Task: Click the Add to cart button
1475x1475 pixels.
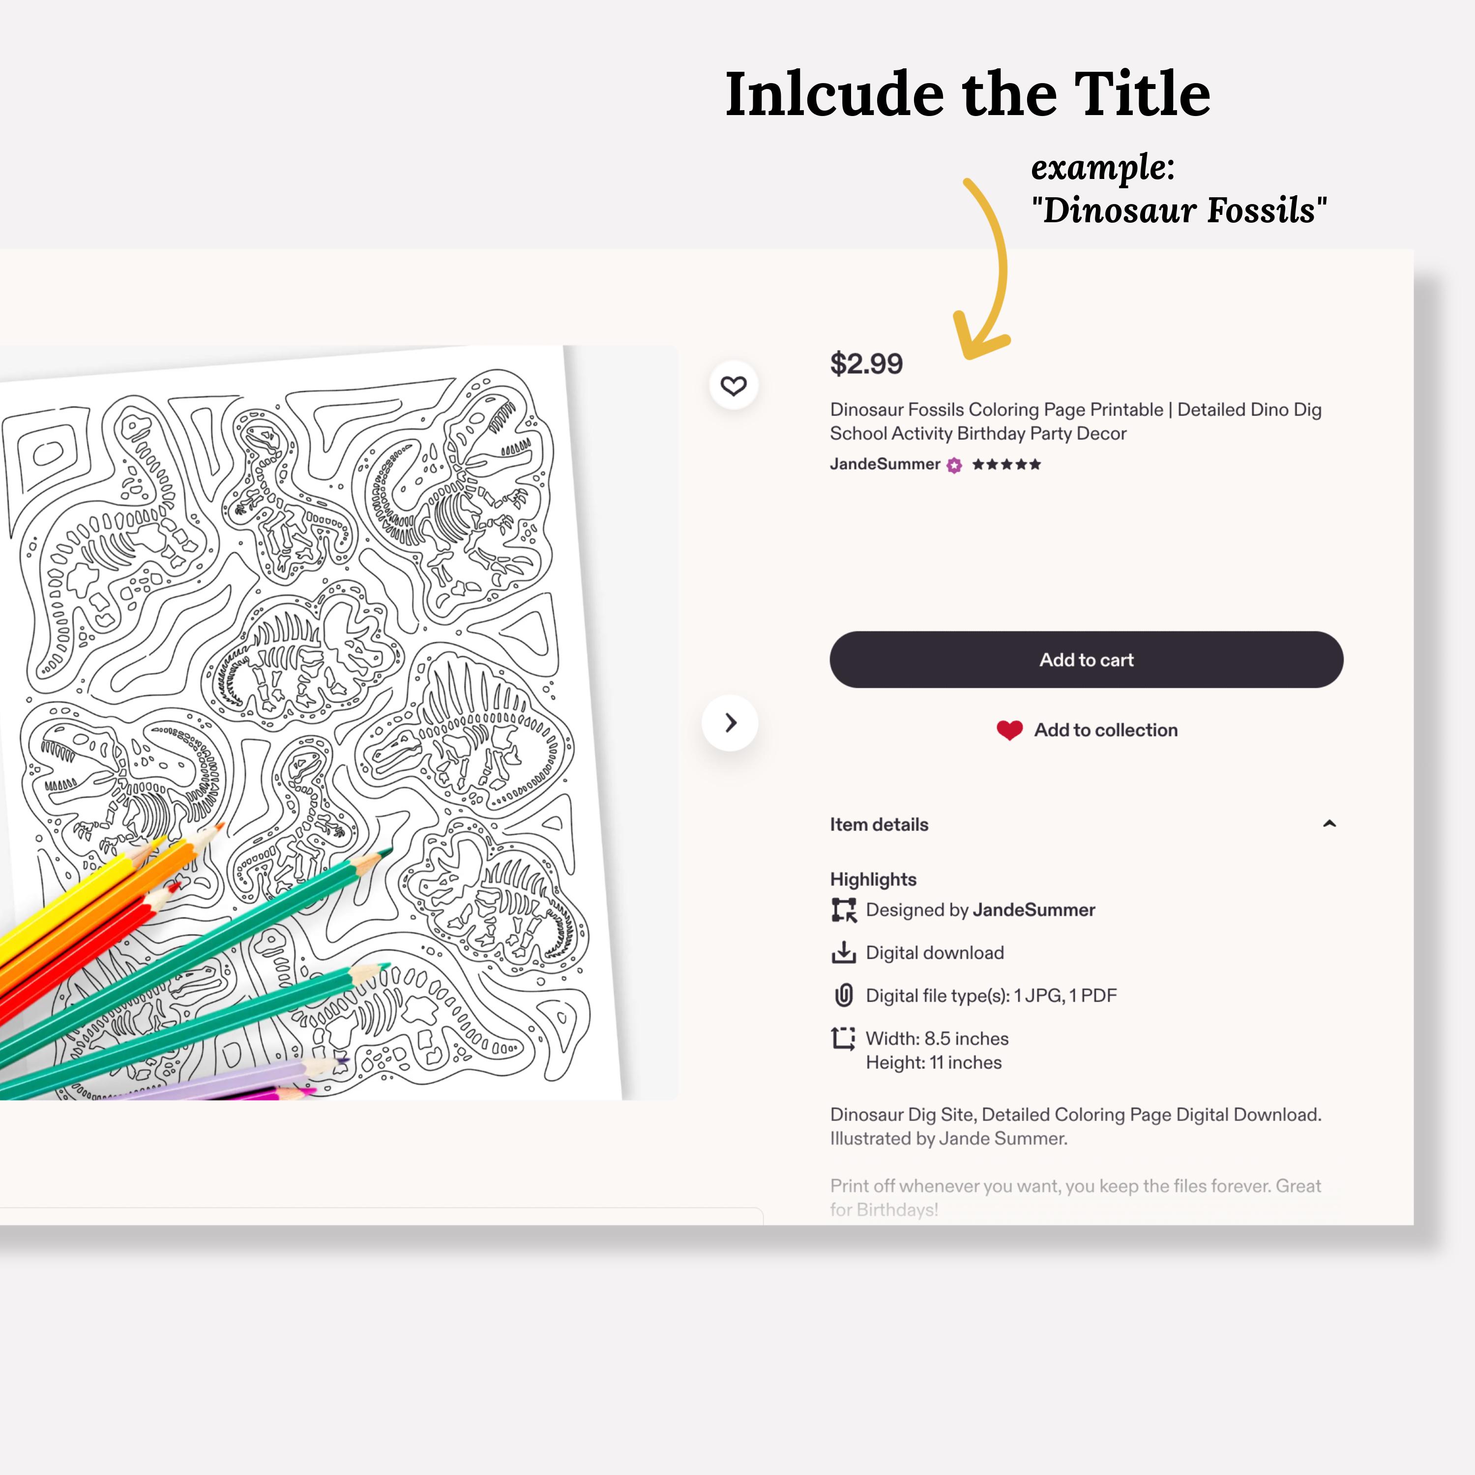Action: (1087, 660)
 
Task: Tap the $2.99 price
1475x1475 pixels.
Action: (866, 363)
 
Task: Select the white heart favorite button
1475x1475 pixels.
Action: (734, 385)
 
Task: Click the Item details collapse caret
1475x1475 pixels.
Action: (1329, 824)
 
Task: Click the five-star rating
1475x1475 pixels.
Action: (1006, 464)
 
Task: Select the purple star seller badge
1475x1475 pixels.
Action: (954, 465)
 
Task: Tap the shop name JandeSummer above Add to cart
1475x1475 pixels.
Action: (885, 464)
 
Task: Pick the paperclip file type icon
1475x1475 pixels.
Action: (843, 996)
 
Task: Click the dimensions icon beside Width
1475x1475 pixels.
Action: (843, 1038)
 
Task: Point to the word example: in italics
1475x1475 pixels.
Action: (1102, 167)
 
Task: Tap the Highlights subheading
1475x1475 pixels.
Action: (873, 880)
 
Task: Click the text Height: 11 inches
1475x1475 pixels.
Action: (934, 1062)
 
